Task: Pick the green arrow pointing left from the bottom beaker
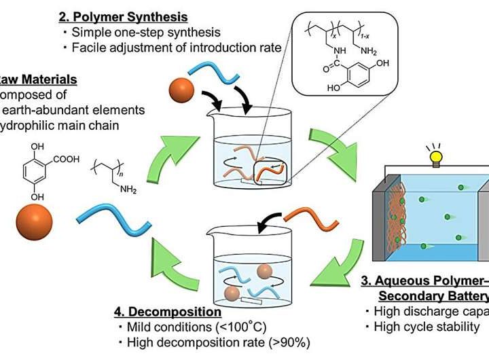[x=173, y=264]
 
